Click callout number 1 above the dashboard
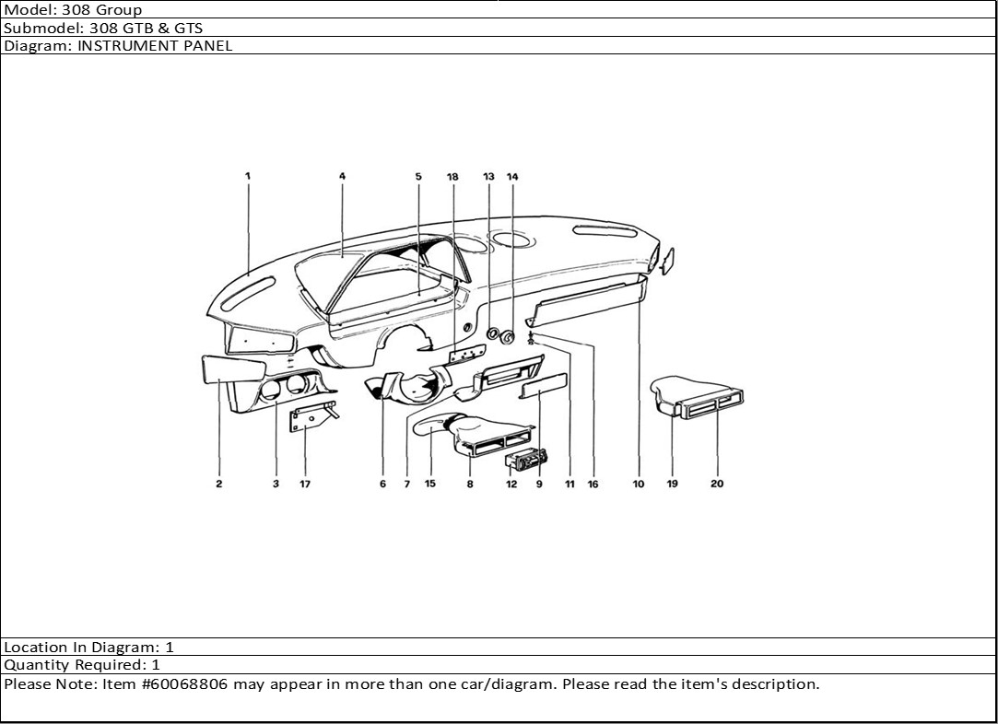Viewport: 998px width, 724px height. pyautogui.click(x=247, y=175)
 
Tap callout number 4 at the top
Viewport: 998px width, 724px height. pyautogui.click(x=342, y=175)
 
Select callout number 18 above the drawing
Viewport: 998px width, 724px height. pyautogui.click(x=452, y=176)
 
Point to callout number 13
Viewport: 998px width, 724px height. pyautogui.click(x=488, y=176)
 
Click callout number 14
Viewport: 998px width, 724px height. pyautogui.click(x=512, y=176)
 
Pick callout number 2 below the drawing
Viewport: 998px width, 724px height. pyautogui.click(x=219, y=485)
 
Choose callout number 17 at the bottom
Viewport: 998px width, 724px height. pyautogui.click(x=305, y=485)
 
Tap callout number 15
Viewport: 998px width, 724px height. pyautogui.click(x=430, y=485)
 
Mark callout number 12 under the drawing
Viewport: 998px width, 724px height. pyautogui.click(x=511, y=485)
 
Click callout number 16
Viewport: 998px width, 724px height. pyautogui.click(x=593, y=485)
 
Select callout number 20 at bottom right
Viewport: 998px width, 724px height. pyautogui.click(x=717, y=485)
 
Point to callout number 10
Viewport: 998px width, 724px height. pyautogui.click(x=639, y=485)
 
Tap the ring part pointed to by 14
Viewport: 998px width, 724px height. pyautogui.click(x=507, y=337)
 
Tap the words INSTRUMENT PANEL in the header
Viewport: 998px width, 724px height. pyautogui.click(x=155, y=45)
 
